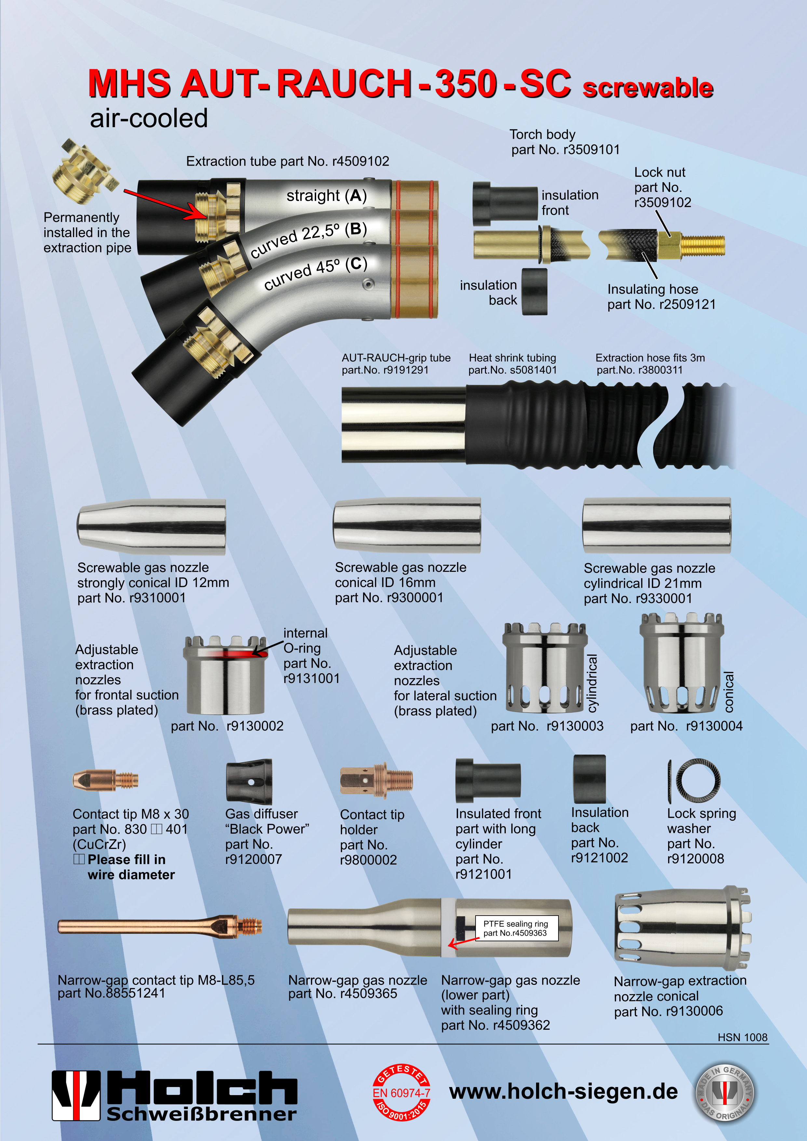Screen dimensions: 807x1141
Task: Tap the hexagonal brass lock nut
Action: click(x=669, y=245)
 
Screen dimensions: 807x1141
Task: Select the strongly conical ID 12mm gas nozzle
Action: click(x=152, y=527)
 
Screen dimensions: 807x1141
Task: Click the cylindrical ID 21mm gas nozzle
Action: click(x=656, y=526)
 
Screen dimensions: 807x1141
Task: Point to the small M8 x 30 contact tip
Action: click(x=105, y=780)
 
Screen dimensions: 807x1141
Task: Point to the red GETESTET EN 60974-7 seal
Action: click(x=401, y=1093)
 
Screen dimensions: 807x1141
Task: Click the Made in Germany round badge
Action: click(x=724, y=1093)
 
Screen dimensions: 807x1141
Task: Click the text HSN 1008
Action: click(x=742, y=1037)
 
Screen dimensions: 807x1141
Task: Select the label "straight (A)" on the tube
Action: click(x=327, y=195)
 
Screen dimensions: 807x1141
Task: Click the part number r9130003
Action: click(x=575, y=726)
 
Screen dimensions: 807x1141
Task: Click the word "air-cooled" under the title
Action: click(x=149, y=118)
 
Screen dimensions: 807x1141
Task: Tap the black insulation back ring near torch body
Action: click(x=534, y=292)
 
